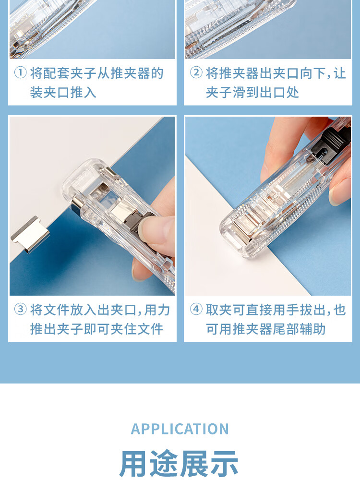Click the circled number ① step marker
[x=21, y=73]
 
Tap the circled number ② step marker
[x=196, y=73]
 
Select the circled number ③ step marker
[x=21, y=309]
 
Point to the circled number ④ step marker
[x=196, y=309]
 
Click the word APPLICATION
[x=180, y=429]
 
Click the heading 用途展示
[x=180, y=463]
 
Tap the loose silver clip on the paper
[x=30, y=235]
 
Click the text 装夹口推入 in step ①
[x=63, y=92]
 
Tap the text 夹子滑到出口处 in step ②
[x=252, y=92]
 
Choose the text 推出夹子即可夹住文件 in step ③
[x=97, y=329]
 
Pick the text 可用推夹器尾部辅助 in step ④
[x=266, y=329]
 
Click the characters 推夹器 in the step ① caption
[x=130, y=73]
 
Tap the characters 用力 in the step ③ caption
[x=157, y=310]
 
